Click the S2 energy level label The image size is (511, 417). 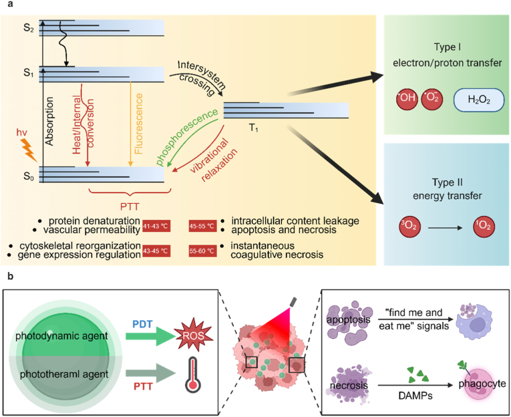point(28,28)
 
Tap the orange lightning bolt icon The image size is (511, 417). point(29,150)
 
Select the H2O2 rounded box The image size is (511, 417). point(479,100)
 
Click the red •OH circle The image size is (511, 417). point(407,98)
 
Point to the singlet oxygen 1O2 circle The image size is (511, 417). point(484,226)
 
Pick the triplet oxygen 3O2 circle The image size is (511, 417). point(409,226)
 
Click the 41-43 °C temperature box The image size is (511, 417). point(156,226)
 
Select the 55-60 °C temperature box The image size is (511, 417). point(202,251)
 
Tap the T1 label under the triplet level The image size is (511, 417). point(254,128)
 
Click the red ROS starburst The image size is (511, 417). point(194,335)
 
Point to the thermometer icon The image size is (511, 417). point(193,374)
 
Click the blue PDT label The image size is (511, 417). point(142,324)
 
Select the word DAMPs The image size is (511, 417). point(415,396)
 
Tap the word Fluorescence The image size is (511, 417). point(139,124)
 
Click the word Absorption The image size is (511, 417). point(49,121)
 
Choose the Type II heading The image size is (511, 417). point(447,182)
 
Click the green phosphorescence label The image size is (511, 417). point(187,137)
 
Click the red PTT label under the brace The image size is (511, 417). point(130,206)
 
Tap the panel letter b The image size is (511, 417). point(11,277)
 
